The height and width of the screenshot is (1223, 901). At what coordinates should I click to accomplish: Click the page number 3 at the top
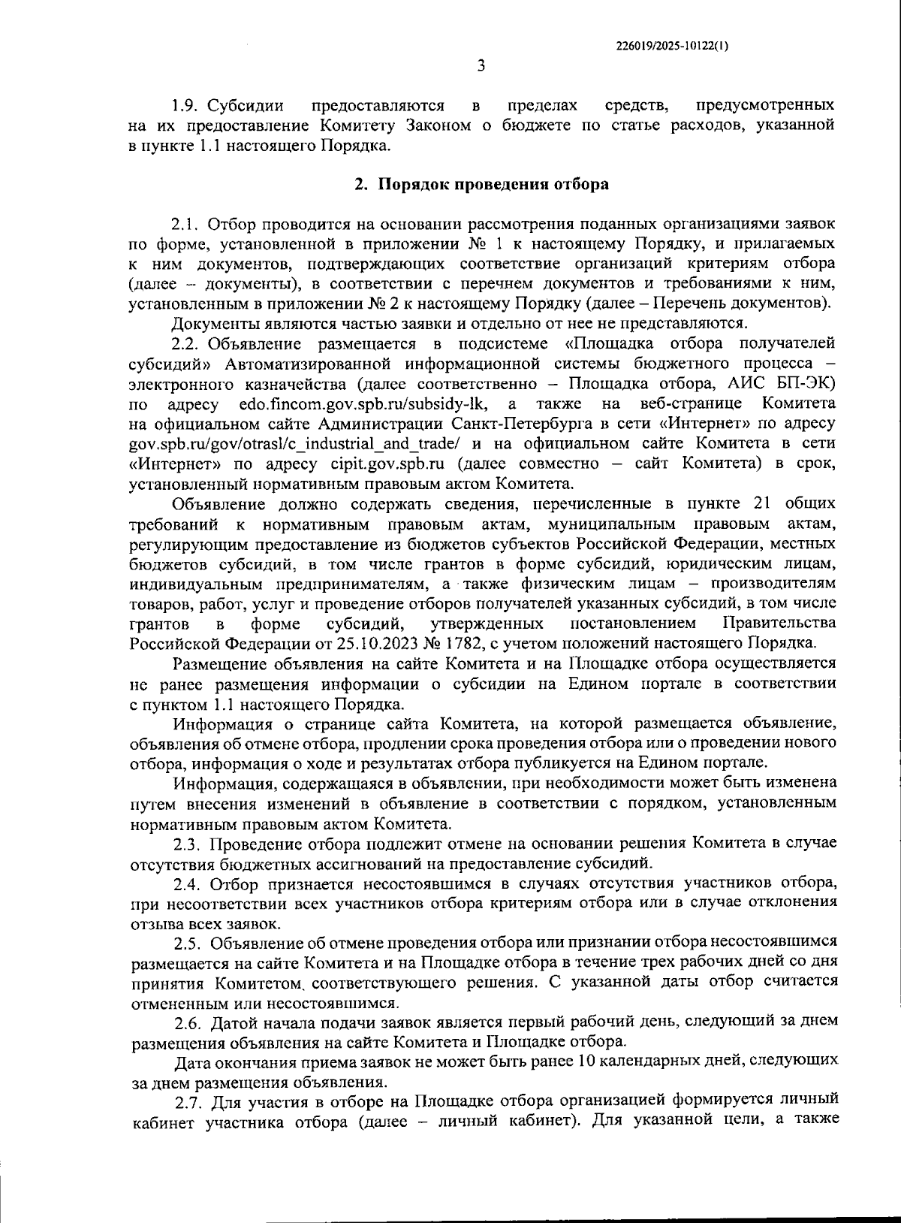point(481,66)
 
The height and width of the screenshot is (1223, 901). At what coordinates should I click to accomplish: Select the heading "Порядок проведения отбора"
point(492,184)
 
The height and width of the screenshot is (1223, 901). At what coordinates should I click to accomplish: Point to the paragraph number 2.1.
point(185,224)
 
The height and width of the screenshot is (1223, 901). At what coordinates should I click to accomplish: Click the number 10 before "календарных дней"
point(589,1062)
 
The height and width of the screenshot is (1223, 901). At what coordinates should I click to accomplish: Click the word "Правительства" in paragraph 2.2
point(779,624)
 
